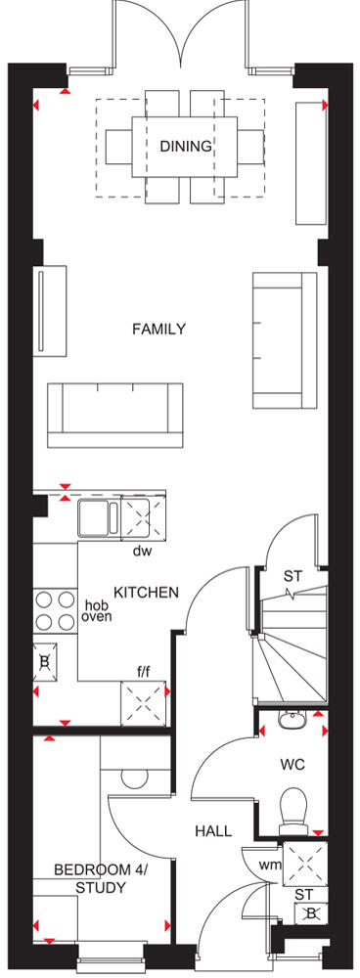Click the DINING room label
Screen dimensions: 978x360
click(x=185, y=147)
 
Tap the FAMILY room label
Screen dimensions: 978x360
click(x=158, y=330)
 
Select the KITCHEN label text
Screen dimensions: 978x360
click(x=146, y=593)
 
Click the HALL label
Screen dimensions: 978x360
click(x=212, y=831)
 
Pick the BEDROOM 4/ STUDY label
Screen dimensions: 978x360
click(x=89, y=878)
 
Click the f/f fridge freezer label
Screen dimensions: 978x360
click(x=143, y=672)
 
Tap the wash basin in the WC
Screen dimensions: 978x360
click(x=290, y=721)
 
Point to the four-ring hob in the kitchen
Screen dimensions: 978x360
click(x=56, y=611)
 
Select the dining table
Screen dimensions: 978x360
click(x=185, y=147)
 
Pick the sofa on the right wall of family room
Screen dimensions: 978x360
click(x=285, y=339)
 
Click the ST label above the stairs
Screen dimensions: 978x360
click(x=292, y=576)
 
